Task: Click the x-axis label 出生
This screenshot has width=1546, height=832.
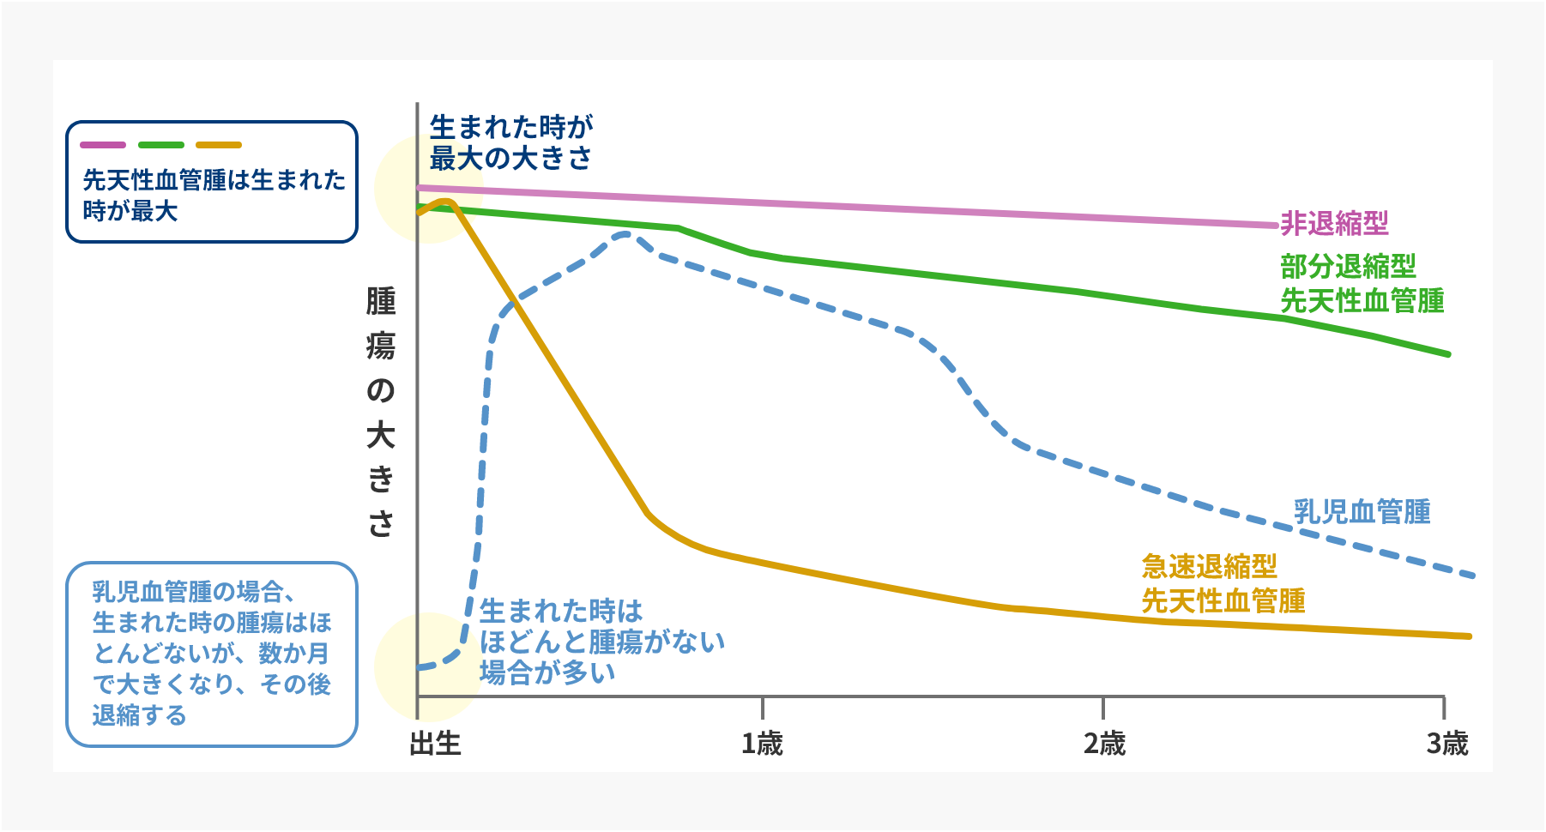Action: (x=436, y=743)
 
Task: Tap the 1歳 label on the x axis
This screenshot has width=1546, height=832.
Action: (x=762, y=743)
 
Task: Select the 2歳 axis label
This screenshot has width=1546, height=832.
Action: (x=1104, y=743)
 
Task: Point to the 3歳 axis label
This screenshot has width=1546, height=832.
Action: (x=1446, y=743)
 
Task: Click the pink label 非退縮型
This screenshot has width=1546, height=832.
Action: (x=1334, y=224)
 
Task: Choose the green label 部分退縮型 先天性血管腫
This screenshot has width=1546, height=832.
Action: (x=1362, y=284)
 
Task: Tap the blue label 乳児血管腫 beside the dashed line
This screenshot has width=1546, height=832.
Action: (x=1362, y=511)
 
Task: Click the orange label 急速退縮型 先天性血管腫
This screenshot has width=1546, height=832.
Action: (x=1223, y=583)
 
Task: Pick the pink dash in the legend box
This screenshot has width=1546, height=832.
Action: (x=103, y=145)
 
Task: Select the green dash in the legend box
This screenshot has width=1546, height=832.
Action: (x=161, y=145)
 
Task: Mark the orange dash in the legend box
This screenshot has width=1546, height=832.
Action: (x=219, y=145)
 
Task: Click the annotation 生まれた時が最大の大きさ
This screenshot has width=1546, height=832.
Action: (x=511, y=142)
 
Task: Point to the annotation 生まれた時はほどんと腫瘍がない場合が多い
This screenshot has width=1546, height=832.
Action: (x=601, y=642)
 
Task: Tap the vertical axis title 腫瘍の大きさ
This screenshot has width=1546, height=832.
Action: (x=381, y=412)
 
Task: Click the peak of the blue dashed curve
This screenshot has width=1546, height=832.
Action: (x=626, y=232)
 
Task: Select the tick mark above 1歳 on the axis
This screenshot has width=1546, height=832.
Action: (x=762, y=707)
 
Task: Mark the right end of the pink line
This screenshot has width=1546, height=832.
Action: (x=1275, y=226)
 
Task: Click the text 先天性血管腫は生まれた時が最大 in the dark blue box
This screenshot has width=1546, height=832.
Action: (x=214, y=195)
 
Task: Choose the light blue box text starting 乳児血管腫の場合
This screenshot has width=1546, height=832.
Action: (x=211, y=653)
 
